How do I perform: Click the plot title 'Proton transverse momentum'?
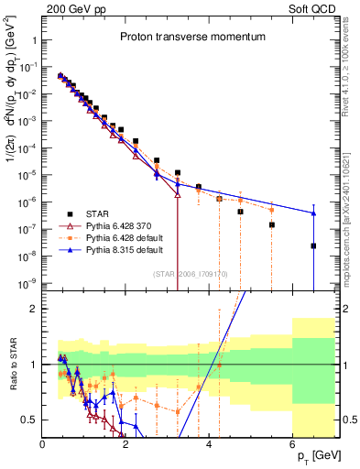(192, 38)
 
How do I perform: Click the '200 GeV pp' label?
(71, 7)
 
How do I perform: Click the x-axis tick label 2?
(126, 444)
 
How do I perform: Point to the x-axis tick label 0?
(43, 444)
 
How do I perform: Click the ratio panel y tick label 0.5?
(29, 420)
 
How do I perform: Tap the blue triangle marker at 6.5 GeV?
(313, 213)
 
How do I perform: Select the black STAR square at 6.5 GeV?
(313, 245)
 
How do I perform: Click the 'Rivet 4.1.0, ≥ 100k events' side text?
(351, 73)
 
